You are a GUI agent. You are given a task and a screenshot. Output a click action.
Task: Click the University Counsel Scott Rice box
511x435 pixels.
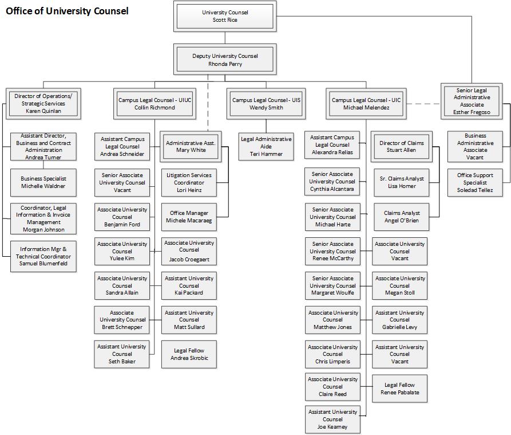pyautogui.click(x=224, y=16)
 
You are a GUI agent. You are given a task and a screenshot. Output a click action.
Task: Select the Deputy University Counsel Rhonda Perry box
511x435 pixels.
pyautogui.click(x=224, y=60)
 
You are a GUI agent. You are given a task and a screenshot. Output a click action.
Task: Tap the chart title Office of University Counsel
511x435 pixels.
pyautogui.click(x=67, y=11)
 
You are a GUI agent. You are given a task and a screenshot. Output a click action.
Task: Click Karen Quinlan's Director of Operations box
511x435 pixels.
pyautogui.click(x=43, y=104)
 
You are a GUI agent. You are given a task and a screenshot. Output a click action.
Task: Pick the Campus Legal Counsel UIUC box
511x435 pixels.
pyautogui.click(x=155, y=104)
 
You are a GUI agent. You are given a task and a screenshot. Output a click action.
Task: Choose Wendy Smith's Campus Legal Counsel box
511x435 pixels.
pyautogui.click(x=266, y=104)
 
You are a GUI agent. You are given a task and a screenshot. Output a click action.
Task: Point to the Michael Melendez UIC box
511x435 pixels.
pyautogui.click(x=366, y=104)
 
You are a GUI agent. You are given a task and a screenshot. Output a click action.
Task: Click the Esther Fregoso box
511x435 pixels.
pyautogui.click(x=472, y=101)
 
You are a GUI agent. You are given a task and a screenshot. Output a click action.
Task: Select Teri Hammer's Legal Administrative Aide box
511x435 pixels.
pyautogui.click(x=266, y=147)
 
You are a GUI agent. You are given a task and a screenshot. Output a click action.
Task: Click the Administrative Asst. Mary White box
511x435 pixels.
pyautogui.click(x=191, y=147)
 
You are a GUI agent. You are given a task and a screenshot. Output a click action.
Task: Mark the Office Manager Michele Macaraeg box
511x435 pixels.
pyautogui.click(x=189, y=217)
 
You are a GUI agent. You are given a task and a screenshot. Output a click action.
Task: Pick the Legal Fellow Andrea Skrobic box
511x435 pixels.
pyautogui.click(x=189, y=354)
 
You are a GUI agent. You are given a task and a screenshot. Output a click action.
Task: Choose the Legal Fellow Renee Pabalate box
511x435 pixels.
pyautogui.click(x=399, y=389)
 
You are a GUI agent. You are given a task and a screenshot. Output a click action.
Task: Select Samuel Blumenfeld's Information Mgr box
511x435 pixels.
pyautogui.click(x=43, y=256)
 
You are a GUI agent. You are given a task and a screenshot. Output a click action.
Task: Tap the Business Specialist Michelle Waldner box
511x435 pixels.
pyautogui.click(x=43, y=182)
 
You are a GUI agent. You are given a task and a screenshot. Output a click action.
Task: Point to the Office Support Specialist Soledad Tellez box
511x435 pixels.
pyautogui.click(x=475, y=182)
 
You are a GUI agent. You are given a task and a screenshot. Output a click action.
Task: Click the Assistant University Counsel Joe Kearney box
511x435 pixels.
pyautogui.click(x=332, y=420)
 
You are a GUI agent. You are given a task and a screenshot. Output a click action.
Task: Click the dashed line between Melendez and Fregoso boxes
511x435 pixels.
pyautogui.click(x=424, y=104)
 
